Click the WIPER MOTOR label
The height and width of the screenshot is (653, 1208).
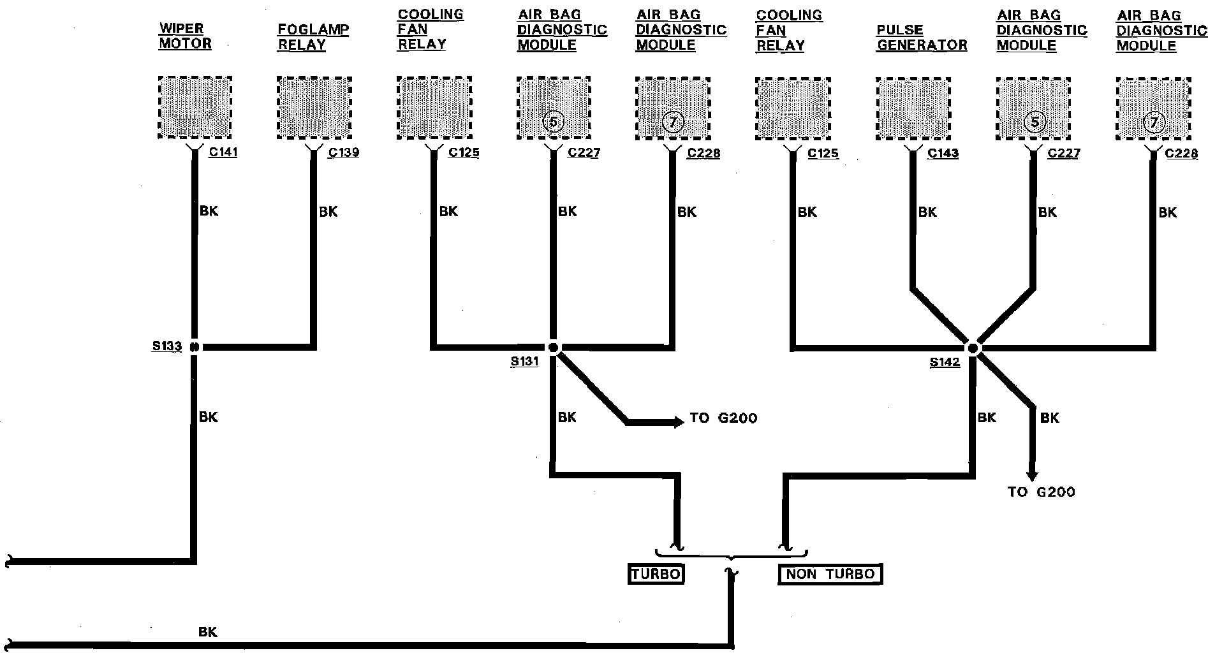coord(184,36)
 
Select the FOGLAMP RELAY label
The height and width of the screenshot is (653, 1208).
coord(313,37)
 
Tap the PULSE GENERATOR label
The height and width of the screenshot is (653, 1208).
coord(922,38)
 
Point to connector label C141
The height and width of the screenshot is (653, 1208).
coord(223,153)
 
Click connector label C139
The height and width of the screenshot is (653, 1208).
coord(343,153)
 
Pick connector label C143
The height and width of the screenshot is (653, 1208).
coord(943,154)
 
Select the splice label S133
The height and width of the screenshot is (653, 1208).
coord(166,347)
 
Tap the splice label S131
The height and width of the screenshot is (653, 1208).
coord(524,362)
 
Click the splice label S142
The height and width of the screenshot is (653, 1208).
coord(945,362)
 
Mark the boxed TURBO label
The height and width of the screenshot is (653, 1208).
coord(656,574)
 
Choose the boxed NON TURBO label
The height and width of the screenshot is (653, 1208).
coord(830,574)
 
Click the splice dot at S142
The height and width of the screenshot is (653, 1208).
coord(973,348)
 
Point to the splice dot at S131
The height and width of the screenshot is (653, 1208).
coord(553,348)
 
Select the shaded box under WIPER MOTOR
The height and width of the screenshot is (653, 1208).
coord(195,107)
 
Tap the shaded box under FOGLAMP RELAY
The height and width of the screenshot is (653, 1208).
coord(314,107)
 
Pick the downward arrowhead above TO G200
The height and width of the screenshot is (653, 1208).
coord(1031,475)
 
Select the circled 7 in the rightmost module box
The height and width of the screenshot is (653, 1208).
coord(1153,122)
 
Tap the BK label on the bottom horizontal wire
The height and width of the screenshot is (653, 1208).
coord(208,632)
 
